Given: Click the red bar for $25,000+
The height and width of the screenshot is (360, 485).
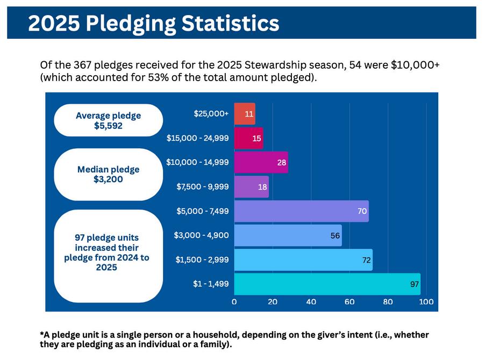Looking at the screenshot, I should click(245, 114).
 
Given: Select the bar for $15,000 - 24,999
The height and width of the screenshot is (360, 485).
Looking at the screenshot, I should click(248, 138).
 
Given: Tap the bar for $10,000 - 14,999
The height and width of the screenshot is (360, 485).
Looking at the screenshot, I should click(261, 162).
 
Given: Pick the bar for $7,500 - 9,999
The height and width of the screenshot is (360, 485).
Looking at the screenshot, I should click(251, 186).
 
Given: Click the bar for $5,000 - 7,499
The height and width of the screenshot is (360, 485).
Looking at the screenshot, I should click(301, 211).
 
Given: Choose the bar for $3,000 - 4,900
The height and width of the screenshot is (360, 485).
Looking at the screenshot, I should click(288, 235).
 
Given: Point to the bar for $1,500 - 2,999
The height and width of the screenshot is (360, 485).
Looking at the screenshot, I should click(303, 260).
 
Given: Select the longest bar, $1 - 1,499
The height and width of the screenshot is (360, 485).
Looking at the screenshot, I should click(327, 284).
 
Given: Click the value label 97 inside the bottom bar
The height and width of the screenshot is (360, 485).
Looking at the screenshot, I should click(415, 284).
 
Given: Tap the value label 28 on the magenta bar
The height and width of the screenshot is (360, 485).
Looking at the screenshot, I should click(282, 162).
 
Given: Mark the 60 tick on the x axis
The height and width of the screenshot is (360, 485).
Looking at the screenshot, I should click(350, 302).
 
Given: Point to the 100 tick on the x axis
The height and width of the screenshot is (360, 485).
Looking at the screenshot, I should click(426, 302).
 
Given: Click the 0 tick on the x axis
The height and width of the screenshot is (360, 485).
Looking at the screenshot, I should click(234, 302).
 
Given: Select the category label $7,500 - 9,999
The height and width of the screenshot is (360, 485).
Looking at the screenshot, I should click(203, 186).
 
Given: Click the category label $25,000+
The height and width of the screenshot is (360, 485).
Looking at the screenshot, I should click(211, 114).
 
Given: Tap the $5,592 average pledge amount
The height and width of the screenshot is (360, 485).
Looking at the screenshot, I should click(108, 126).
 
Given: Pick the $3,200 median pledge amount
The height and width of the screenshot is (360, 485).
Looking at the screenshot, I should click(108, 179).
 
